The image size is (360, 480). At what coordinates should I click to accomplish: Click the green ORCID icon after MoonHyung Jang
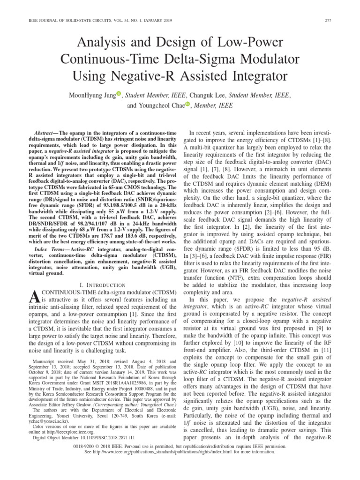[x=119, y=95]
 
